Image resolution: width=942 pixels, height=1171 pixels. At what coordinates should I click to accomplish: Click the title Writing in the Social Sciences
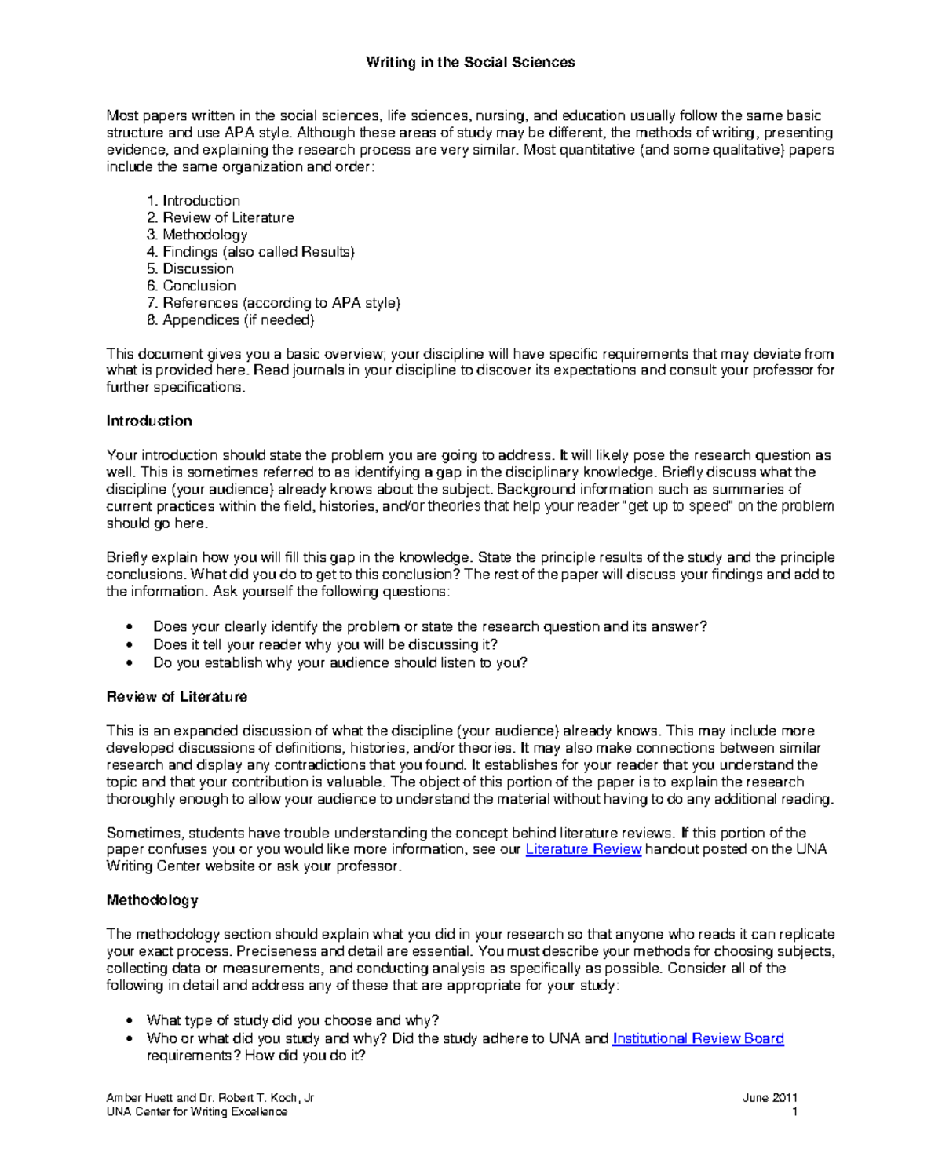[470, 63]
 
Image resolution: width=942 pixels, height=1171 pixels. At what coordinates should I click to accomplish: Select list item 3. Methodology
[197, 235]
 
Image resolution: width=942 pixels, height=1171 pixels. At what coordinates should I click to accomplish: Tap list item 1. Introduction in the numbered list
[194, 201]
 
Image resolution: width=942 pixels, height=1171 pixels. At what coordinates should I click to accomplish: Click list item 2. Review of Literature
[221, 218]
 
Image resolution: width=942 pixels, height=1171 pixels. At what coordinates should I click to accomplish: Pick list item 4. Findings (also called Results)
[250, 252]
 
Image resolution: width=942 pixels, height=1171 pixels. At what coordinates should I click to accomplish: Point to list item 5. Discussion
[190, 269]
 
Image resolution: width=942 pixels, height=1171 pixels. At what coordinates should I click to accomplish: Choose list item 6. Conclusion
[192, 286]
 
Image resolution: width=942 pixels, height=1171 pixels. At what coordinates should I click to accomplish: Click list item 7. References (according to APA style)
[273, 303]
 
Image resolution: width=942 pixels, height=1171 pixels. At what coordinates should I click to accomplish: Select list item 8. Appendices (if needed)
[230, 320]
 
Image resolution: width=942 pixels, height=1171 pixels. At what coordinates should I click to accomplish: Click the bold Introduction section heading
[149, 421]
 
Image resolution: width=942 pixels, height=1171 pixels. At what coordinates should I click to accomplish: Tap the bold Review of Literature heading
[177, 697]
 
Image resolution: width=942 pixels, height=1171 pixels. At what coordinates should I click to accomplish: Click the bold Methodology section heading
[152, 900]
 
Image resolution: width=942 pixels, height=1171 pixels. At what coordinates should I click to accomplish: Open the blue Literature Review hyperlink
[583, 849]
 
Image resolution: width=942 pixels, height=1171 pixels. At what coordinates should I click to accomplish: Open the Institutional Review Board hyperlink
[698, 1038]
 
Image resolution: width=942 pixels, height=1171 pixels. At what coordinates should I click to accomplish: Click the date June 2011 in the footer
[769, 1098]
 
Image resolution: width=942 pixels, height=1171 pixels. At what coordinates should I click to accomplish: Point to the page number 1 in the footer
[794, 1112]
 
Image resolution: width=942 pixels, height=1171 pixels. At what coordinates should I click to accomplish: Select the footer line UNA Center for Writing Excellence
[196, 1112]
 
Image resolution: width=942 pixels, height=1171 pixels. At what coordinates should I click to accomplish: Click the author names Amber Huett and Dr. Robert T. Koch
[210, 1098]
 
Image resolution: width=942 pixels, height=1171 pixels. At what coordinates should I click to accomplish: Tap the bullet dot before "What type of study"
[130, 1021]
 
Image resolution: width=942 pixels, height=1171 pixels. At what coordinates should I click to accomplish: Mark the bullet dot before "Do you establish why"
[130, 663]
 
